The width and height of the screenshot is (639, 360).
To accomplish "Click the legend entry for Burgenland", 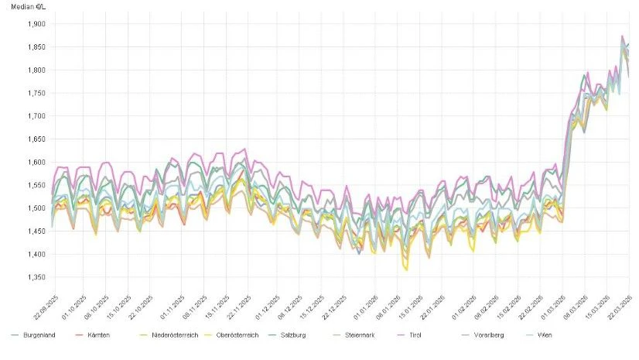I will (37, 335).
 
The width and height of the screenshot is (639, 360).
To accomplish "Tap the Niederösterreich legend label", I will (169, 335).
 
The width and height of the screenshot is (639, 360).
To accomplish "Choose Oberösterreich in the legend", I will (246, 335).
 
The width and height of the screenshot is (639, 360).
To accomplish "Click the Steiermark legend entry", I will (381, 335).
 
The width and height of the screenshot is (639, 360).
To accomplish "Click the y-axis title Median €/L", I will (27, 6).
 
